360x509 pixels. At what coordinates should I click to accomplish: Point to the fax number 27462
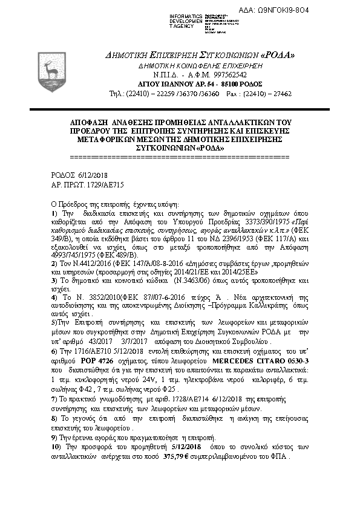point(281,94)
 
